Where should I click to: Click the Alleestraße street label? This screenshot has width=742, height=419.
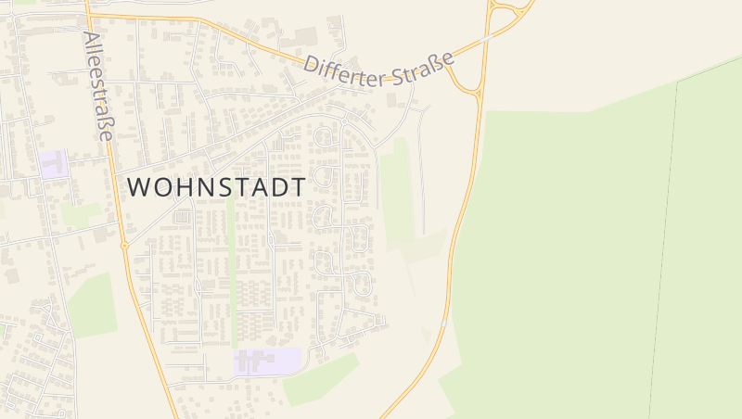pyautogui.click(x=97, y=86)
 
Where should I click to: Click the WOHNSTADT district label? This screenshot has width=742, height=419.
pyautogui.click(x=216, y=186)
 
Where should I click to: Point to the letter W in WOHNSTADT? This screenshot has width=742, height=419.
pyautogui.click(x=137, y=186)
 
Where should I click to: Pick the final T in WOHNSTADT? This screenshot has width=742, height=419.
pyautogui.click(x=297, y=186)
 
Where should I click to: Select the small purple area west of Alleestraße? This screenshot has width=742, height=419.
pyautogui.click(x=54, y=164)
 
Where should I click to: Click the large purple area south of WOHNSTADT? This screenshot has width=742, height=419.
pyautogui.click(x=268, y=361)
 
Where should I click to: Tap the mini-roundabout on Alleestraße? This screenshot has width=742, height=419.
pyautogui.click(x=124, y=248)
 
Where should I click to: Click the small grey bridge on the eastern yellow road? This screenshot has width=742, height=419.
pyautogui.click(x=445, y=324)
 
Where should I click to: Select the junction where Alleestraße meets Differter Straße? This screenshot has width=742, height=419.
pyautogui.click(x=87, y=16)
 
